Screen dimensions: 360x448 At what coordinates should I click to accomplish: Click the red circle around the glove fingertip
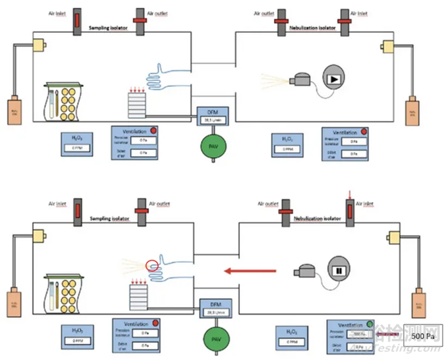(x=152, y=265)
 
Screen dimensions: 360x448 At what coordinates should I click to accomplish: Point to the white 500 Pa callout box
(x=422, y=336)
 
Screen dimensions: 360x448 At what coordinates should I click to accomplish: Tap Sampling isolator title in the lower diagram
(x=111, y=217)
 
